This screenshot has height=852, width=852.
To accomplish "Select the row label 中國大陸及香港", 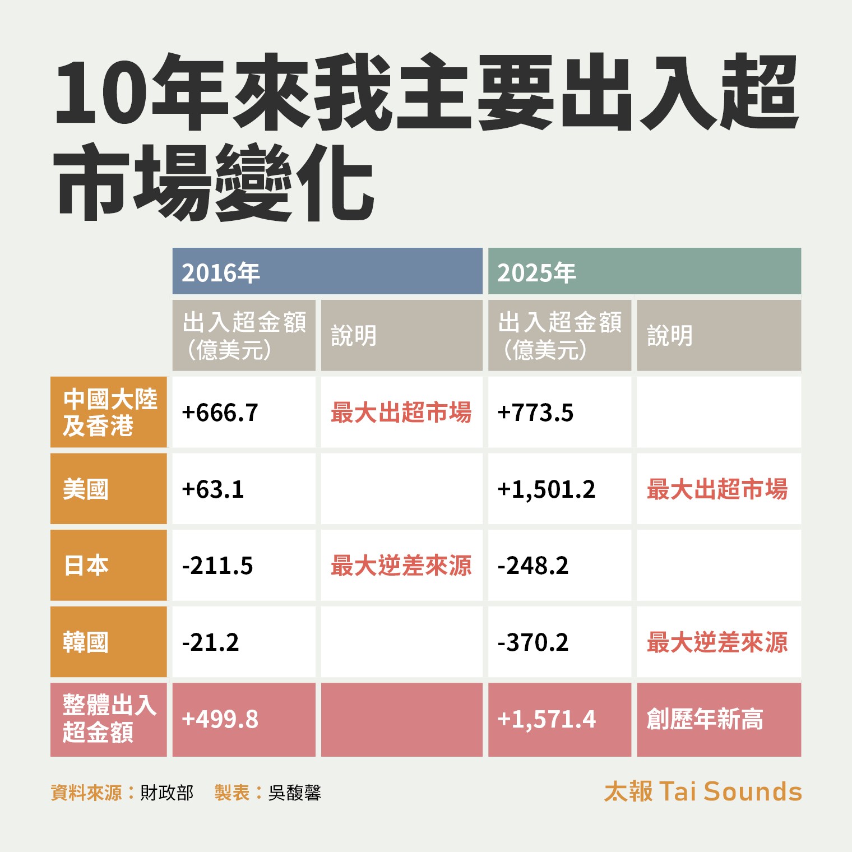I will click(109, 413).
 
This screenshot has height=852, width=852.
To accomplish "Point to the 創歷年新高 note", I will click(705, 719).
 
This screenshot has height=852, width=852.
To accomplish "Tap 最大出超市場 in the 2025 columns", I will click(717, 489).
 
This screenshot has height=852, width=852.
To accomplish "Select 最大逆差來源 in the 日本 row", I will click(401, 566).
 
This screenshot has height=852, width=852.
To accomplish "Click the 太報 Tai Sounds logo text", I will click(703, 791).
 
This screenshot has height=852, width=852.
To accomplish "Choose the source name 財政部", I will click(166, 793).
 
